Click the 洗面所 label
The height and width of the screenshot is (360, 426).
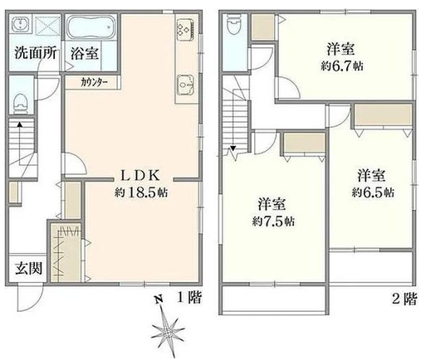pos(36,53)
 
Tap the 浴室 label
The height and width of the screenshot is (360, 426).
pos(85,53)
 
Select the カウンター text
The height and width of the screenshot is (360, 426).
pos(94,83)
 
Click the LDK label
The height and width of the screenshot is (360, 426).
pos(140,175)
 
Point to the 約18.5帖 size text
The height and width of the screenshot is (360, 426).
pos(141,192)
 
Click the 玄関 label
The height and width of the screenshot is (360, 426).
pos(29,268)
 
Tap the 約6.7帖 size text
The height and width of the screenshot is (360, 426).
pos(342,66)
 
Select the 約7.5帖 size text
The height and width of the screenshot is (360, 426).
pos(273,221)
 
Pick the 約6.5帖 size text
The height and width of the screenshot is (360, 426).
pos(373,192)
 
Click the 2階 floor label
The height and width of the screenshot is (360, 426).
pos(404,299)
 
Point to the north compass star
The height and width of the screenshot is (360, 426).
pos(167,329)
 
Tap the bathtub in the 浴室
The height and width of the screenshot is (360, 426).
pos(91,27)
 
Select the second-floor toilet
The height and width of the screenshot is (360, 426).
pos(234,24)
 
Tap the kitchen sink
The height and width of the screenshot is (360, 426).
pos(185,85)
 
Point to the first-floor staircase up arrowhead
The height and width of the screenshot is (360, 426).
pos(19,124)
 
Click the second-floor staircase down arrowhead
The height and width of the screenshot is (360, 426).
pos(233,148)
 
